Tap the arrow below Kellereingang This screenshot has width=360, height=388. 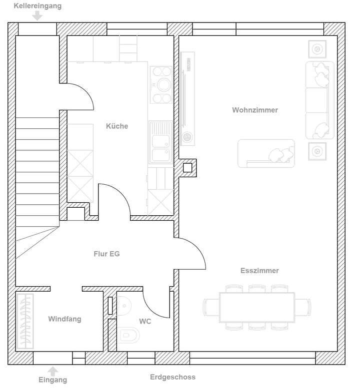37,16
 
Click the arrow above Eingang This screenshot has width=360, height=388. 52,371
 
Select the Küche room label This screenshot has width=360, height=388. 117,126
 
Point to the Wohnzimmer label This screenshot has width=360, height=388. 254,110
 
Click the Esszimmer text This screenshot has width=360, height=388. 259,271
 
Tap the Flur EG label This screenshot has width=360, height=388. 106,254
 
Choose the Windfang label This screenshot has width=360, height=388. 64,319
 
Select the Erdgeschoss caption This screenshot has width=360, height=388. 172,377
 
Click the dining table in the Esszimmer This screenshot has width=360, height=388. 257,307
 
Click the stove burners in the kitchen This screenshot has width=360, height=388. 161,85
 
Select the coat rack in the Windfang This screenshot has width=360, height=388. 26,322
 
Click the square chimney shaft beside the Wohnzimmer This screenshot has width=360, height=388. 187,168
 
